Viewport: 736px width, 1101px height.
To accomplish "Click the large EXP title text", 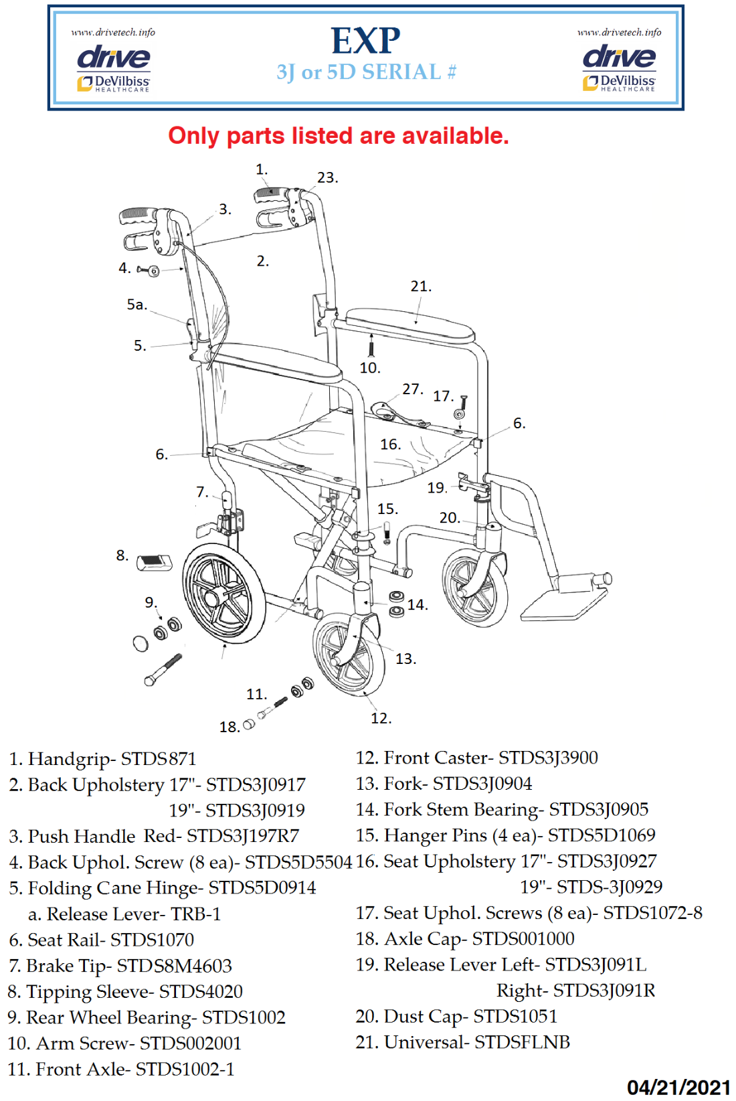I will [x=365, y=41].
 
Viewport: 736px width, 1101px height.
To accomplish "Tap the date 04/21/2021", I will [x=678, y=1087].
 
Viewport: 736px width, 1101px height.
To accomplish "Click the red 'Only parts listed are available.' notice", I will [x=338, y=136].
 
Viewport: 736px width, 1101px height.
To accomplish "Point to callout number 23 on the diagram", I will [x=327, y=178].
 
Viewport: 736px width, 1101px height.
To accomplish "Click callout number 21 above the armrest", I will [x=420, y=286].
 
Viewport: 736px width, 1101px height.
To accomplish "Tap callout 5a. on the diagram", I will [x=136, y=305].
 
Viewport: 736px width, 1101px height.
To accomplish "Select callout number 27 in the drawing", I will [x=411, y=389].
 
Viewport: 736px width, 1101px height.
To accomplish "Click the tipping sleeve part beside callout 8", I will [x=154, y=562].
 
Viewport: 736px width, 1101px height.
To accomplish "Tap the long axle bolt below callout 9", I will [x=163, y=669].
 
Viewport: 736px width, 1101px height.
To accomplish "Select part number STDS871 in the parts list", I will [x=158, y=759].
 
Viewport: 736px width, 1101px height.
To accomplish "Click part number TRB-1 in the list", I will [x=195, y=914].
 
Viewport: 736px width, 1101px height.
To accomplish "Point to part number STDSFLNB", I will [x=522, y=1042].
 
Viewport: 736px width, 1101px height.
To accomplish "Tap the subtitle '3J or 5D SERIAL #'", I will [x=366, y=72].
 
